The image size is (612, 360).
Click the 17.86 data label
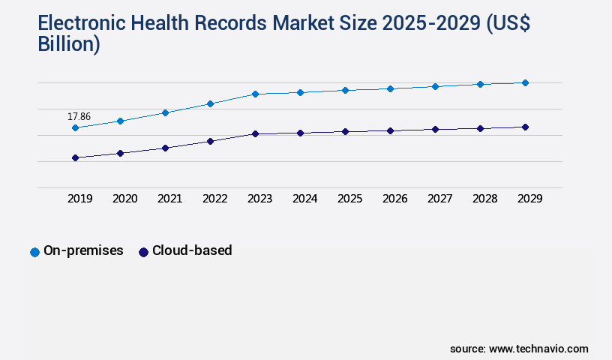(79, 116)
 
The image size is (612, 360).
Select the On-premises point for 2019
(75, 128)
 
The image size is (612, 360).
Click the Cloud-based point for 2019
(75, 157)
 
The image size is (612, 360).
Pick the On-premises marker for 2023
(255, 94)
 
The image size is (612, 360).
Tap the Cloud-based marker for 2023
(255, 133)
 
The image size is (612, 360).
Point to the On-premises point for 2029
(525, 82)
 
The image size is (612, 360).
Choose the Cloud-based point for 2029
(525, 127)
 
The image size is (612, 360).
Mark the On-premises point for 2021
(165, 112)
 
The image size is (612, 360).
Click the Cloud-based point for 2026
(390, 130)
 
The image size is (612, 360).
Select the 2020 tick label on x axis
(124, 199)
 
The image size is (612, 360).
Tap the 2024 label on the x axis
(304, 199)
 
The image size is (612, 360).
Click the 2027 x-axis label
(439, 199)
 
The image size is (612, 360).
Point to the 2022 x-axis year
(214, 199)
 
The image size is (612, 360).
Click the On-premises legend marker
(34, 252)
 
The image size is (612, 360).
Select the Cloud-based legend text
(191, 250)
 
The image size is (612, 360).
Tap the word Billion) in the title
(69, 44)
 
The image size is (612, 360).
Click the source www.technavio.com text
(519, 349)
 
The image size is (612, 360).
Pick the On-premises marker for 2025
(345, 90)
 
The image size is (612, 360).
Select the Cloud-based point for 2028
(480, 128)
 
